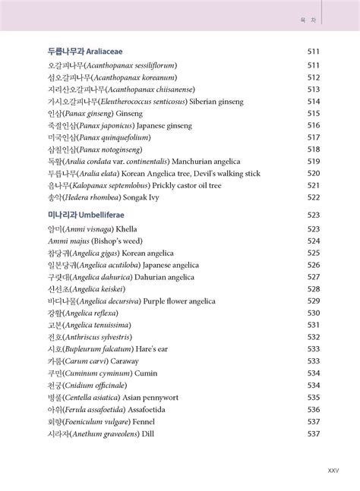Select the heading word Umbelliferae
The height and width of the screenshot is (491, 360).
pos(115,216)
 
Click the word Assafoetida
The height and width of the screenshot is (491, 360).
pos(157,409)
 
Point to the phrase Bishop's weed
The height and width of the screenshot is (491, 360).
pos(114,241)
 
